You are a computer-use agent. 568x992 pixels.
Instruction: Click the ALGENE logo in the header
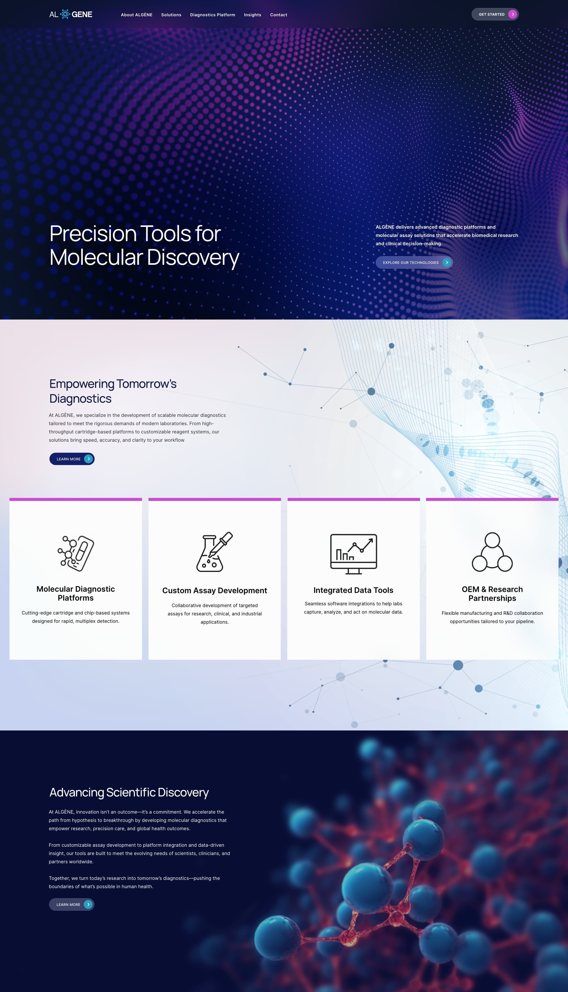coord(71,14)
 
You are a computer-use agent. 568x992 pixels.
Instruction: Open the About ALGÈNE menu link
coord(137,15)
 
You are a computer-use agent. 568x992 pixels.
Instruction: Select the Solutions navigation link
coord(171,15)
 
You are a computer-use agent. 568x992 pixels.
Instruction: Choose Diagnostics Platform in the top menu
coord(213,15)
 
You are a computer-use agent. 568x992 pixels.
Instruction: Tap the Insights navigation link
coord(252,15)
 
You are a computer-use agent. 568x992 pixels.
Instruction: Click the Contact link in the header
coord(279,15)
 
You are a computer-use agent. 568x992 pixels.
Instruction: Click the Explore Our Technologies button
coord(414,262)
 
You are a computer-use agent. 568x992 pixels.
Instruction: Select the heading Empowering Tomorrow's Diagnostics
coord(113,391)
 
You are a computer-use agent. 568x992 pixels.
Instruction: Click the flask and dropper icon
coord(214,552)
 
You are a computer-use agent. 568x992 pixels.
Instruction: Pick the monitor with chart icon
coord(354,554)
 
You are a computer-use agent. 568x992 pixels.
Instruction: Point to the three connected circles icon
coord(492,552)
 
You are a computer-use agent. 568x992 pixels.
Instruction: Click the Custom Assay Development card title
coord(214,591)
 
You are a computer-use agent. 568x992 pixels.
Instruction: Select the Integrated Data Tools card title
coord(354,590)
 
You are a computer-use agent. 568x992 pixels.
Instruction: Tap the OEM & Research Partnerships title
coord(492,594)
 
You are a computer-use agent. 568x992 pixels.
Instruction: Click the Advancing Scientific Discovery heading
coord(129,792)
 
